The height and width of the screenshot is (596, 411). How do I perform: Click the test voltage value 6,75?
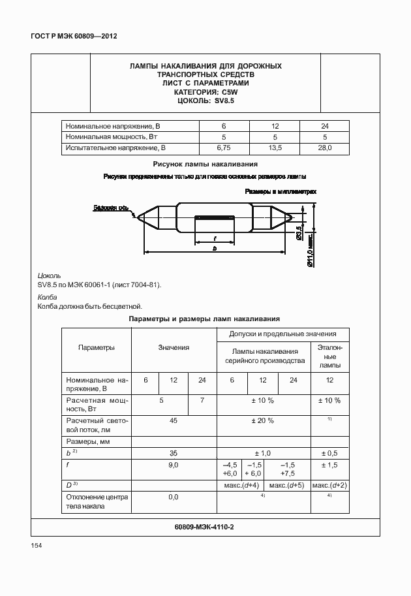tap(224, 148)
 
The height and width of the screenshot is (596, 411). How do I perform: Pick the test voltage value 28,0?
tap(324, 148)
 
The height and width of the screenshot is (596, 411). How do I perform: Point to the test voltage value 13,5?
tap(274, 148)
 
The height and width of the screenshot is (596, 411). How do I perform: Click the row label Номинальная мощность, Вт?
tap(112, 136)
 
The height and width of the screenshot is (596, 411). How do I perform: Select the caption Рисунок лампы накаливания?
tap(205, 165)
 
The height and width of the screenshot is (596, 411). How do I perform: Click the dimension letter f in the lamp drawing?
tap(215, 238)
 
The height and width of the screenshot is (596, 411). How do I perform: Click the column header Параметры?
tap(96, 347)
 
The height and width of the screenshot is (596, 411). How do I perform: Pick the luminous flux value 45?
tap(174, 420)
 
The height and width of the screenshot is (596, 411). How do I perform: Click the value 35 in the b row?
tap(174, 452)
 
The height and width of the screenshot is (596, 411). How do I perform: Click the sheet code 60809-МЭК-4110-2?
tap(204, 526)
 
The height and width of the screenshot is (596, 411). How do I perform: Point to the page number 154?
tap(37, 546)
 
